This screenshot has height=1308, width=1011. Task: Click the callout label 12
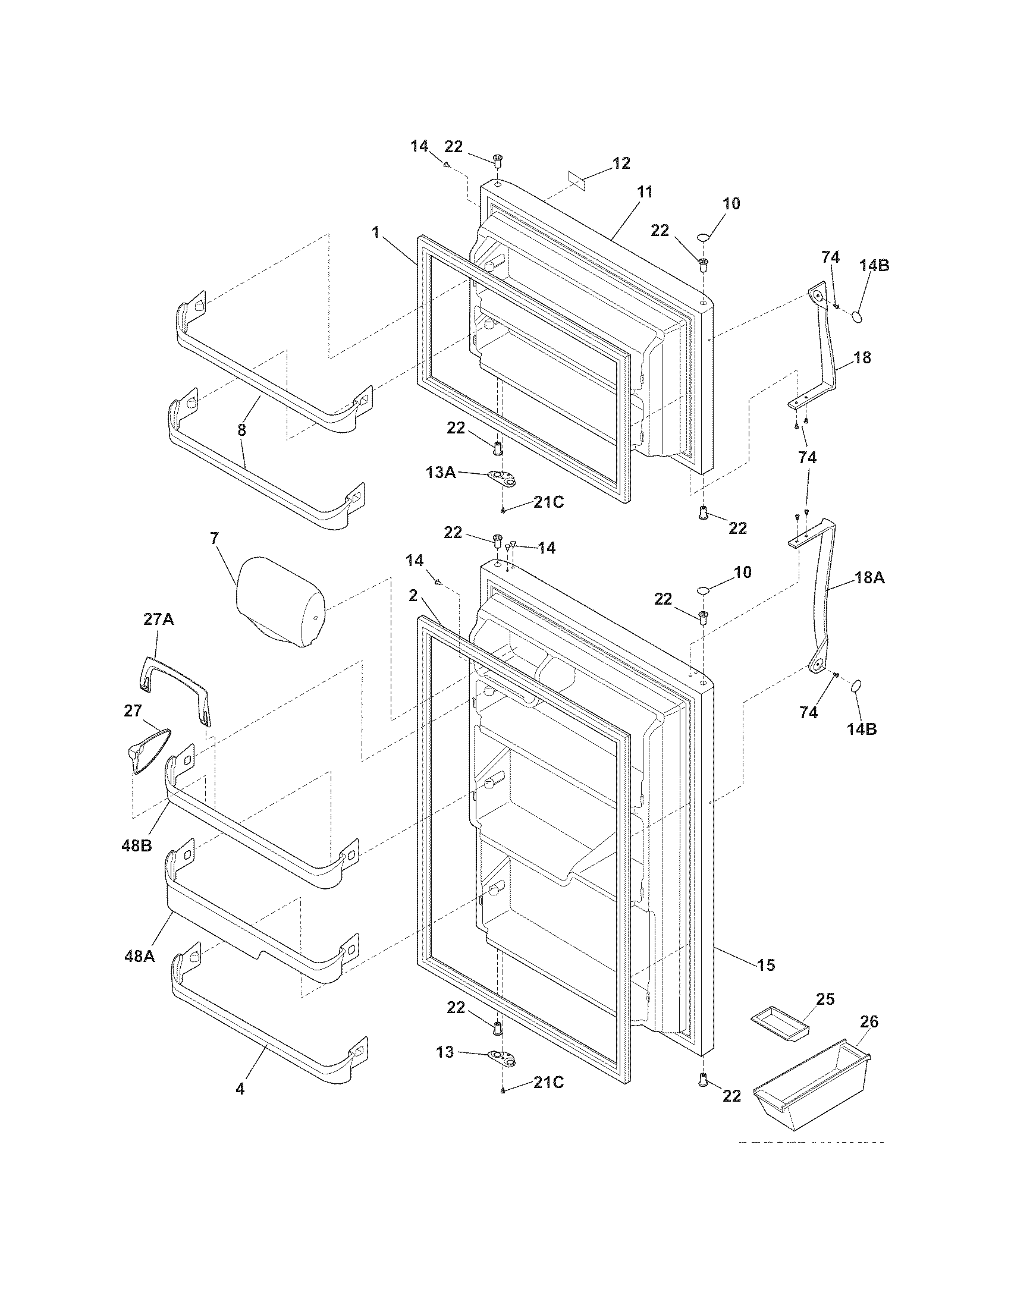(x=621, y=163)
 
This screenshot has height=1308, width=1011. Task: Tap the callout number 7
(x=214, y=538)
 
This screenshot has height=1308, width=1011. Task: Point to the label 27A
(x=158, y=619)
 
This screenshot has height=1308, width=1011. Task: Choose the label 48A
(x=140, y=957)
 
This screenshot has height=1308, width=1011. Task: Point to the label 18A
(x=869, y=578)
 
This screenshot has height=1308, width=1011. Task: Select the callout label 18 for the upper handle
(x=862, y=357)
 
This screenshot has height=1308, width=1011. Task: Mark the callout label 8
(x=241, y=429)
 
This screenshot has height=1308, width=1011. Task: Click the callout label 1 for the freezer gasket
(x=375, y=232)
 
